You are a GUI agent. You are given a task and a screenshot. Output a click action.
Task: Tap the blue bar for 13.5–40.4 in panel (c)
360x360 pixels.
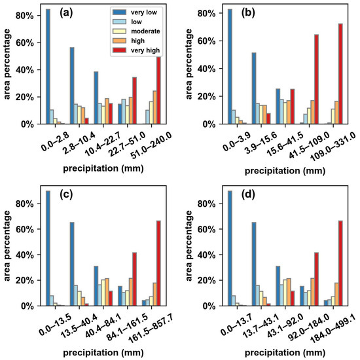(x=72, y=264)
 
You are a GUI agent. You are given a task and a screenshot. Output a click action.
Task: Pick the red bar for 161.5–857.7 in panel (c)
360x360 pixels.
(x=158, y=263)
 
